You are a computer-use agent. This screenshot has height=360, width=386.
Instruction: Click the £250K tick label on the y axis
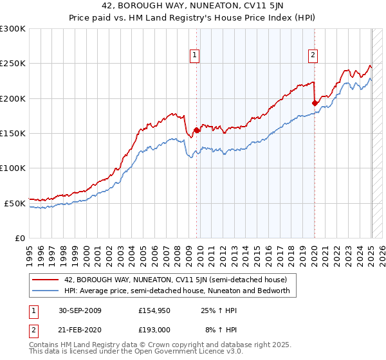click(x=12, y=64)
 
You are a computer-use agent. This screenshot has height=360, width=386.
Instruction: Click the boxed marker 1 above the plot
click(x=194, y=55)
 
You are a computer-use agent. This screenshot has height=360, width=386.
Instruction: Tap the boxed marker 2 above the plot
click(x=313, y=55)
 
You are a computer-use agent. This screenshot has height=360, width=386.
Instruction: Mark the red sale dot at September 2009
click(x=196, y=130)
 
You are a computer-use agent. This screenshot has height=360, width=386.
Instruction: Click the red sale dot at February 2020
click(x=315, y=103)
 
